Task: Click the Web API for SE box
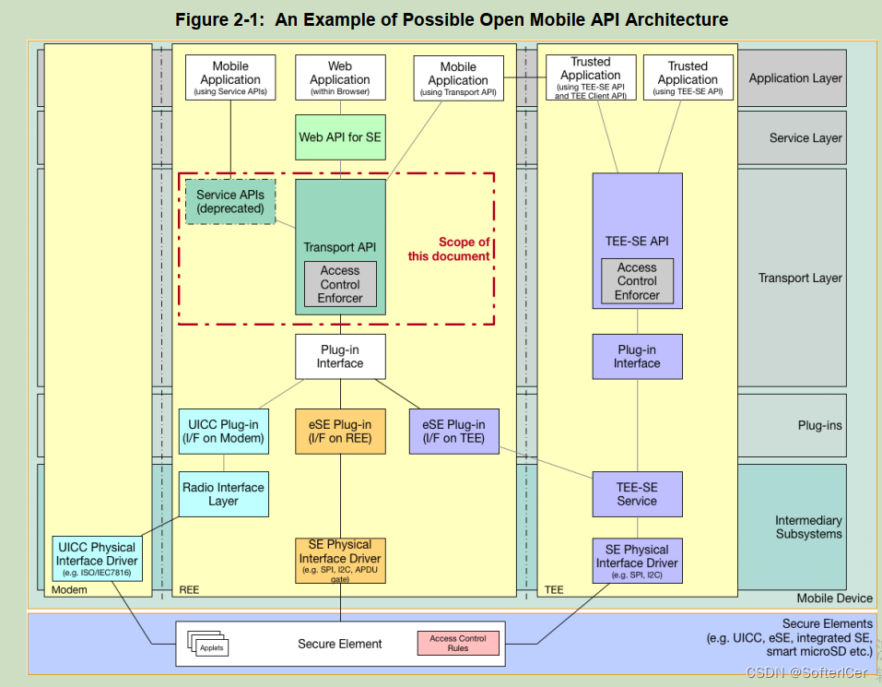coord(339,137)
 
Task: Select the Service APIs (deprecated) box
coord(230,202)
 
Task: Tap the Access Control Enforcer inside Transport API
coord(340,284)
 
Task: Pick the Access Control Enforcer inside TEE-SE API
coord(637,280)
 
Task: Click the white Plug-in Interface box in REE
coord(339,356)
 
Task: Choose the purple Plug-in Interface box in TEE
coord(637,356)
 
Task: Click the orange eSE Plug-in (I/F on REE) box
coord(339,431)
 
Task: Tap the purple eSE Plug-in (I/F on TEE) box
coord(453,431)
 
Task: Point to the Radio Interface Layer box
coord(223,494)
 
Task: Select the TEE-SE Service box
coord(637,493)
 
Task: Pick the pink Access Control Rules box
coord(458,643)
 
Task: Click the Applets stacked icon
coord(208,645)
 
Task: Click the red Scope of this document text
coord(451,249)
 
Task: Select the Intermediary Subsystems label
coord(807,527)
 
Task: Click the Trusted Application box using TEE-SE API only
coord(688,77)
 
